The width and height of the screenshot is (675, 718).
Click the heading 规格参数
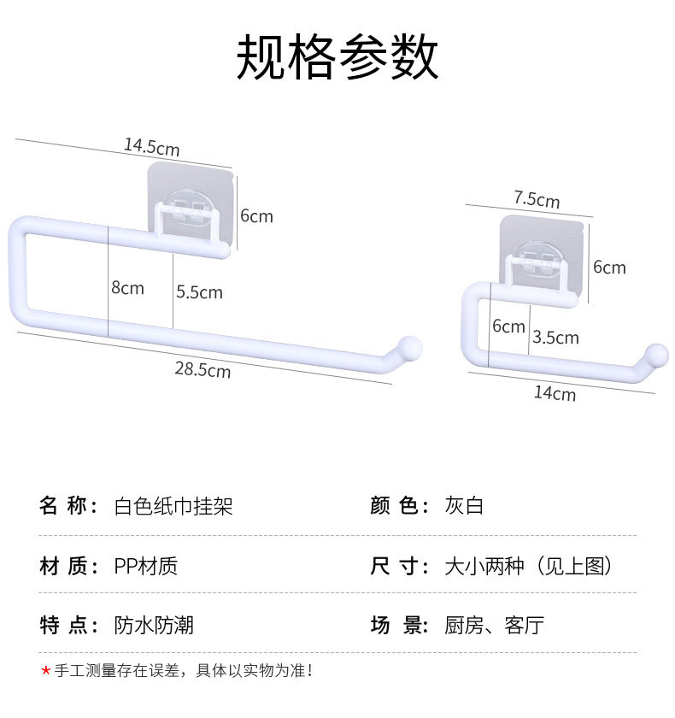click(337, 56)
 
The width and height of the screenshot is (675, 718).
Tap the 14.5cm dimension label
click(152, 147)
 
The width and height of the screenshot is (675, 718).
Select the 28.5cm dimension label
click(202, 369)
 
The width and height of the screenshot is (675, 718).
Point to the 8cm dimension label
click(127, 288)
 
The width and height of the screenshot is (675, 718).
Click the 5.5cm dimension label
click(200, 292)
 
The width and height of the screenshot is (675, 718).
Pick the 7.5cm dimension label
click(537, 200)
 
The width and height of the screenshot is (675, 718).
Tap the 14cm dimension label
click(555, 393)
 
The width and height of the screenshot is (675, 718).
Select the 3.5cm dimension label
click(555, 338)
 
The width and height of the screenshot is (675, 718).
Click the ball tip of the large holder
click(408, 349)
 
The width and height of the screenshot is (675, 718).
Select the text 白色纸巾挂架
click(173, 506)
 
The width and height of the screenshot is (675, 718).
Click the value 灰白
click(464, 505)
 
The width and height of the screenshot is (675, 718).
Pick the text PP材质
click(145, 567)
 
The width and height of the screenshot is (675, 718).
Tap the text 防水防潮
click(154, 625)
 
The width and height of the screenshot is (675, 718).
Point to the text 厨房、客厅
click(494, 625)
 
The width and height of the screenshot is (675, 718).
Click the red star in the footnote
click(45, 671)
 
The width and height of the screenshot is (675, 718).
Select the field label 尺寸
click(400, 567)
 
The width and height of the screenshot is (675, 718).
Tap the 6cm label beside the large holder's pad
click(256, 215)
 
